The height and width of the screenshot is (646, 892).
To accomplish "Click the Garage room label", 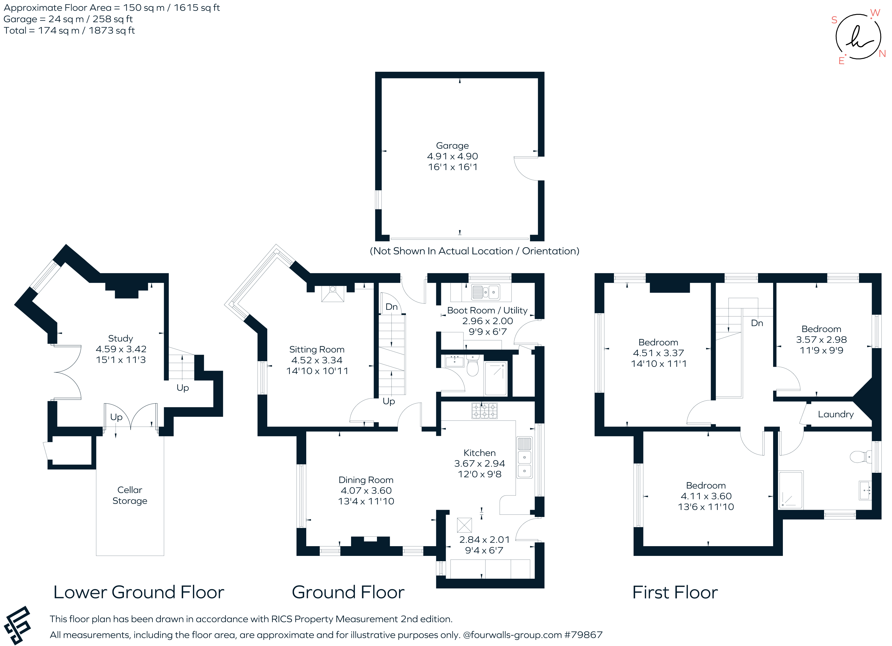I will coord(452,146).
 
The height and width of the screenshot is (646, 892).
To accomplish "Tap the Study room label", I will coord(120,339).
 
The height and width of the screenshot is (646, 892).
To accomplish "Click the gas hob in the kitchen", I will coord(484,411).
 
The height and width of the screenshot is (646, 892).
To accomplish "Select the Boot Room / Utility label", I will coord(487,310).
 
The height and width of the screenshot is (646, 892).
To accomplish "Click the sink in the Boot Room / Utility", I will coord(486,292).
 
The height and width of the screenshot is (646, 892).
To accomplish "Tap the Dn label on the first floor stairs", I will coord(757,323).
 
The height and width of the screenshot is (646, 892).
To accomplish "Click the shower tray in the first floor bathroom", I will coord(791,490).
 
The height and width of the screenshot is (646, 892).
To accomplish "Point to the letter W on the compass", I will coord(875,13).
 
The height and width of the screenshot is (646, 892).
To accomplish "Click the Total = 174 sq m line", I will coord(69,31).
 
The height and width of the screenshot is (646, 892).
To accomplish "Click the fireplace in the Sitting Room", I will coord(333,294).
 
